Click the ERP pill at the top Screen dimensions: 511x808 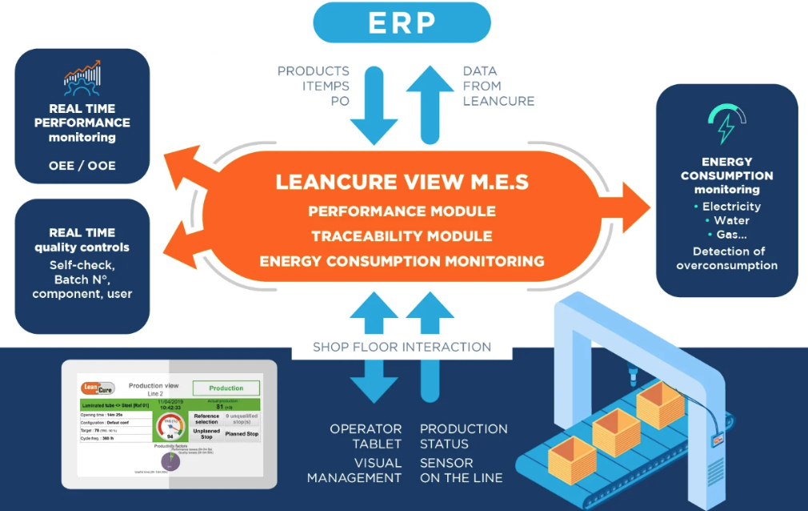click(401, 22)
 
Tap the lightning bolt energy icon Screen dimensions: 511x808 click(726, 125)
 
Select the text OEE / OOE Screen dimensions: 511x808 click(82, 166)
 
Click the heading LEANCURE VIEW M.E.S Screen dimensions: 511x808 click(402, 182)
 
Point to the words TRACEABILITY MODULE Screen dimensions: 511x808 click(402, 236)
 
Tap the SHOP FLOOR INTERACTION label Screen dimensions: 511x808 click(402, 347)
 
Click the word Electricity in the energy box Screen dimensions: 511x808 click(731, 206)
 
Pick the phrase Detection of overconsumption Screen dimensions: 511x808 click(726, 258)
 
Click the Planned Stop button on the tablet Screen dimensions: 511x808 click(241, 433)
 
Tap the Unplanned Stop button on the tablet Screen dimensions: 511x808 click(206, 433)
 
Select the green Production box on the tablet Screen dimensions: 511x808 click(226, 388)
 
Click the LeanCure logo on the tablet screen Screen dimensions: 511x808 click(98, 388)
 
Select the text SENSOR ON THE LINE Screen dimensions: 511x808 click(462, 470)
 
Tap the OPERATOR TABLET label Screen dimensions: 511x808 click(366, 437)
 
